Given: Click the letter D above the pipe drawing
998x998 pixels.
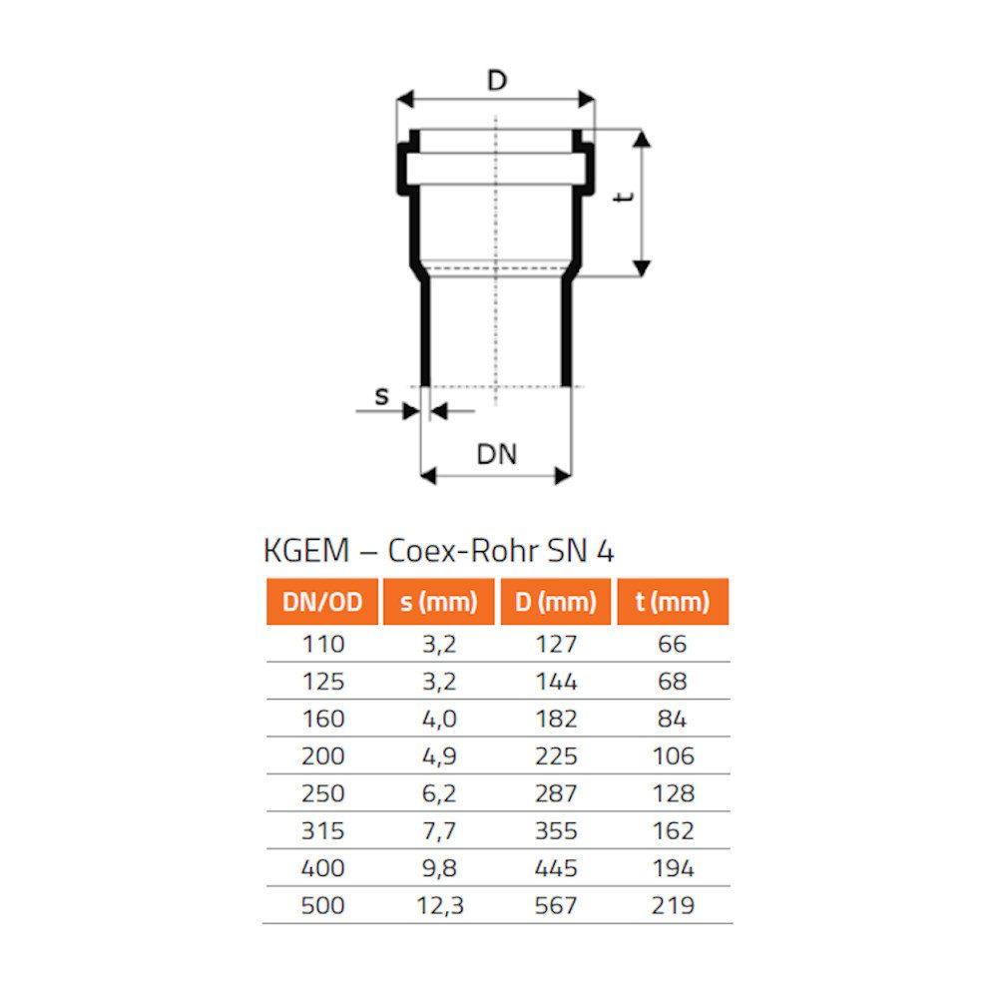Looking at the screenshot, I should tap(496, 80).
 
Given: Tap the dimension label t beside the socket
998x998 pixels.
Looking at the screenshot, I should tap(625, 198).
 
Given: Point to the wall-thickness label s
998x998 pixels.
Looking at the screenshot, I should tap(381, 396).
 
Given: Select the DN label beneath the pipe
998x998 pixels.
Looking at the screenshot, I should tap(496, 454).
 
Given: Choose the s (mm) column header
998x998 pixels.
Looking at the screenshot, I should tap(438, 602).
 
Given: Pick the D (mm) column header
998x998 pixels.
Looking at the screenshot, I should tap(555, 602).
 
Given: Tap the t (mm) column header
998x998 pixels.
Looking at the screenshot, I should tap(673, 602).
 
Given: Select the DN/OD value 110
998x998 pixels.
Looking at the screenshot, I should tap(322, 645).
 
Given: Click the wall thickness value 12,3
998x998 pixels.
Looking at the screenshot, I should tap(438, 905).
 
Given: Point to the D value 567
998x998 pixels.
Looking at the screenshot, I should tap(556, 905).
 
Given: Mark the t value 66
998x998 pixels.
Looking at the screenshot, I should tap(673, 645).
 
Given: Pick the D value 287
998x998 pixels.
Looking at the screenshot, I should tap(556, 793).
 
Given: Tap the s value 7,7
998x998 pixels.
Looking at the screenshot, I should tap(438, 830).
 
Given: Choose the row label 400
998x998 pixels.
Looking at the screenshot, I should tap(322, 868).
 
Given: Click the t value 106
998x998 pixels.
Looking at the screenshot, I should tap(673, 756).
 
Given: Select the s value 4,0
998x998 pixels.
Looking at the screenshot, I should tap(438, 719).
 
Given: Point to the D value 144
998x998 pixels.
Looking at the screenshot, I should tap(556, 682).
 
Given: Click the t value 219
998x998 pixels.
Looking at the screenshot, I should tap(673, 905).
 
